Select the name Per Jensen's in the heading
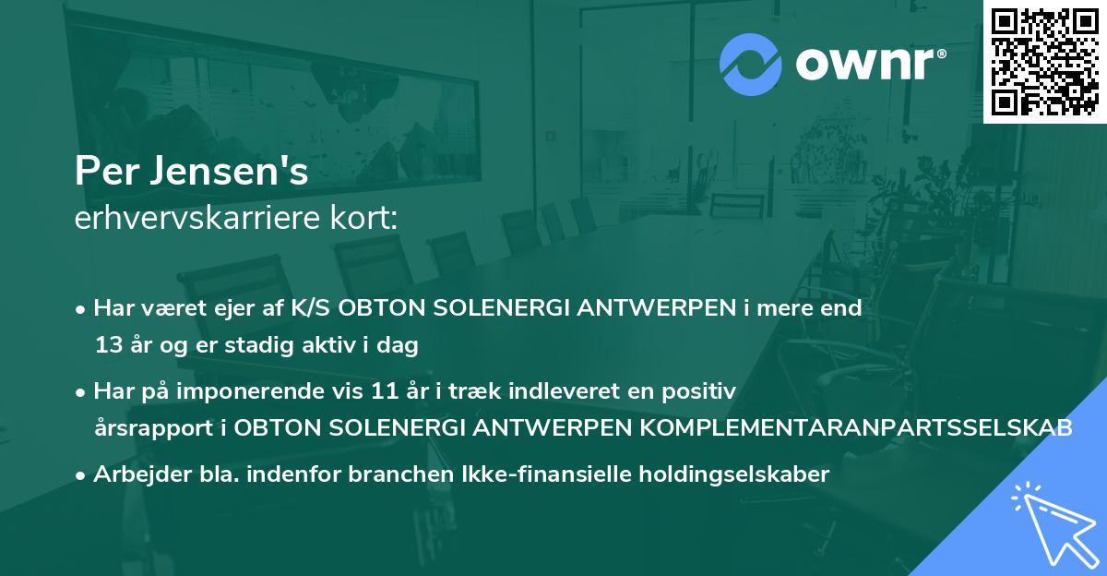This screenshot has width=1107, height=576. pos(192,173)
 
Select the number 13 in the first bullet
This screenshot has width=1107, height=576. pos(106,346)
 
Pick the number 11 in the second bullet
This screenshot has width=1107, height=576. pos(381,391)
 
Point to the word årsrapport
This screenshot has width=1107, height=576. pos(139,428)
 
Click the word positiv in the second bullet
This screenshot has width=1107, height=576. pos(705,391)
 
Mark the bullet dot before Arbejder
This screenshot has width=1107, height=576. pos(81,475)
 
